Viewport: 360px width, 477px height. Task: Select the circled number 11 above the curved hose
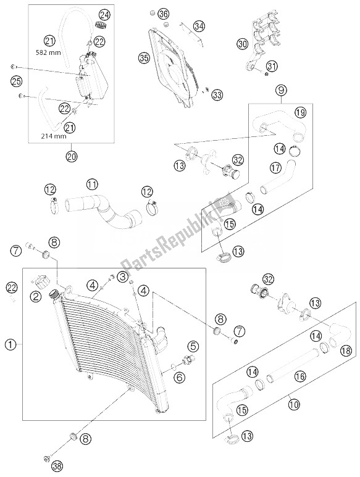pos(91,184)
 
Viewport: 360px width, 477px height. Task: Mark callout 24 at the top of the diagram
pos(104,14)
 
